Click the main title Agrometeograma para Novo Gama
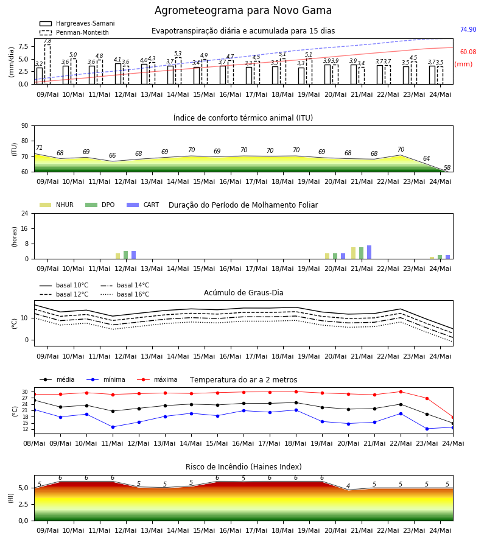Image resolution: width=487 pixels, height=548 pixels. point(243,10)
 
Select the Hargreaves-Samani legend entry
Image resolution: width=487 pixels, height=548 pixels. point(77,23)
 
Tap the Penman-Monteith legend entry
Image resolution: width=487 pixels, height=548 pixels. point(74,32)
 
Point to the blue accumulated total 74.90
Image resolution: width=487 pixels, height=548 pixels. point(468,29)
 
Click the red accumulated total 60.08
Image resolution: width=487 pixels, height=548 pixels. point(468,52)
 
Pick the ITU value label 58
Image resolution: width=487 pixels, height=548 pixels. point(447,168)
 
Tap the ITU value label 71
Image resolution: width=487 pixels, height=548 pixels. point(39,147)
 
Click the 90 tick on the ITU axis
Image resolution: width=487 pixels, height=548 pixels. point(25,126)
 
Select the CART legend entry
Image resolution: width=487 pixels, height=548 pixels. point(142,205)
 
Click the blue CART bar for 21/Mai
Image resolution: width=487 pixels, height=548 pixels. point(370,252)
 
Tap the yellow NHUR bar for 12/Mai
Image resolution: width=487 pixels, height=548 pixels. point(117,256)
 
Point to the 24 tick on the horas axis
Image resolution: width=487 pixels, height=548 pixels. point(25,213)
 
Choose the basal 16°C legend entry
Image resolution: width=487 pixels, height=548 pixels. point(125,294)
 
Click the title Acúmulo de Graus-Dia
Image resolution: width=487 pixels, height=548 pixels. point(243,292)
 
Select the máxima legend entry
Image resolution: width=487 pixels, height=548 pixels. point(157,379)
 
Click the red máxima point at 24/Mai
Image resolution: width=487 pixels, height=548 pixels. point(453,417)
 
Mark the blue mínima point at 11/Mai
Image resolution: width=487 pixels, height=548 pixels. point(113,427)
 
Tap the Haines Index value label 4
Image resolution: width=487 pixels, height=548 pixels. point(348,486)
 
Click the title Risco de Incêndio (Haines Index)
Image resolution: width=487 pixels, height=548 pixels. point(243,467)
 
